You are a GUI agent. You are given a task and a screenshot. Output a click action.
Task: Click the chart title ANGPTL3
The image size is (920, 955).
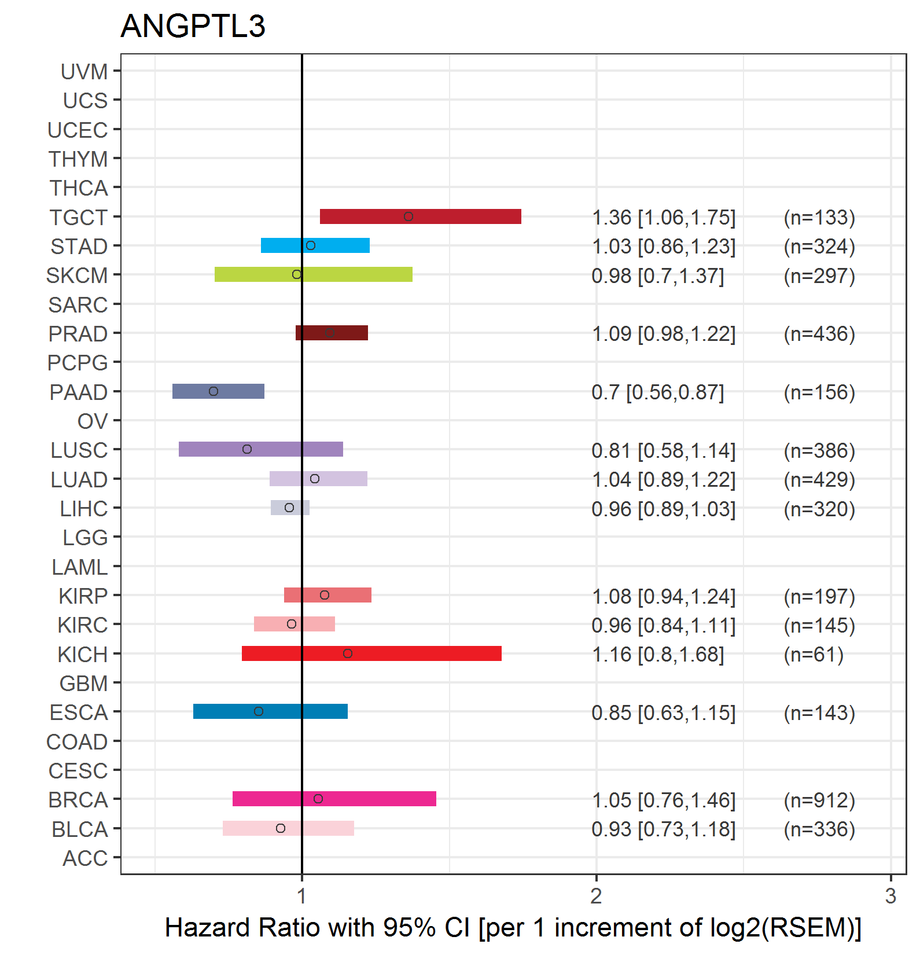click(193, 26)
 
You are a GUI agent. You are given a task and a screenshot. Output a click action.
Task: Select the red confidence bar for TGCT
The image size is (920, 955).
click(421, 216)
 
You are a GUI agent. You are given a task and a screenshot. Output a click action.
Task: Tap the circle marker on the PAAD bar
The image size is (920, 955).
click(214, 391)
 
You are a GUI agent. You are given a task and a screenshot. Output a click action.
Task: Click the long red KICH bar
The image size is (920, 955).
click(371, 653)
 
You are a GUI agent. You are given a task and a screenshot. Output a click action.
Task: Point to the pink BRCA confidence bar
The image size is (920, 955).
click(334, 799)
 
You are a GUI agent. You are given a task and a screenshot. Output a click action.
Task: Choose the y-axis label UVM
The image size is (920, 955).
click(84, 72)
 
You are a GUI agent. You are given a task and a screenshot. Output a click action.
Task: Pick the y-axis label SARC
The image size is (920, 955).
click(78, 304)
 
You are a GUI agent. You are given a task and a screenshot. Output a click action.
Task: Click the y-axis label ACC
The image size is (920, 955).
click(85, 858)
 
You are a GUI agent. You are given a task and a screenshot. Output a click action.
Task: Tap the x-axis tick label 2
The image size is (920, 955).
click(596, 896)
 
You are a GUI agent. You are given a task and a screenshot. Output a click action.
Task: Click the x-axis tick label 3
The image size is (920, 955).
click(890, 896)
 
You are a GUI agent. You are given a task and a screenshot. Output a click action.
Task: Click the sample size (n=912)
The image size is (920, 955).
click(819, 800)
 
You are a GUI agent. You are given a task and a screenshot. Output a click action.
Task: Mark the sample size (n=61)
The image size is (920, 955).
click(814, 655)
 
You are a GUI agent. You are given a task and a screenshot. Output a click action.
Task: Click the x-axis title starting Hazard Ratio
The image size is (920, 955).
click(513, 927)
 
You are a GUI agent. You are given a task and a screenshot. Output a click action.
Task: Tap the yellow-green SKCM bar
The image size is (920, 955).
click(314, 274)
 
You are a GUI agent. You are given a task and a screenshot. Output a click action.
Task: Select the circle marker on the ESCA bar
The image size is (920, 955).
click(259, 711)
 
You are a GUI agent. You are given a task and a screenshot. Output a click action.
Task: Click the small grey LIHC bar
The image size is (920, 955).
click(290, 508)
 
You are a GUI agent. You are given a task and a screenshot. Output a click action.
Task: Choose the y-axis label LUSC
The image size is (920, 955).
click(79, 450)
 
